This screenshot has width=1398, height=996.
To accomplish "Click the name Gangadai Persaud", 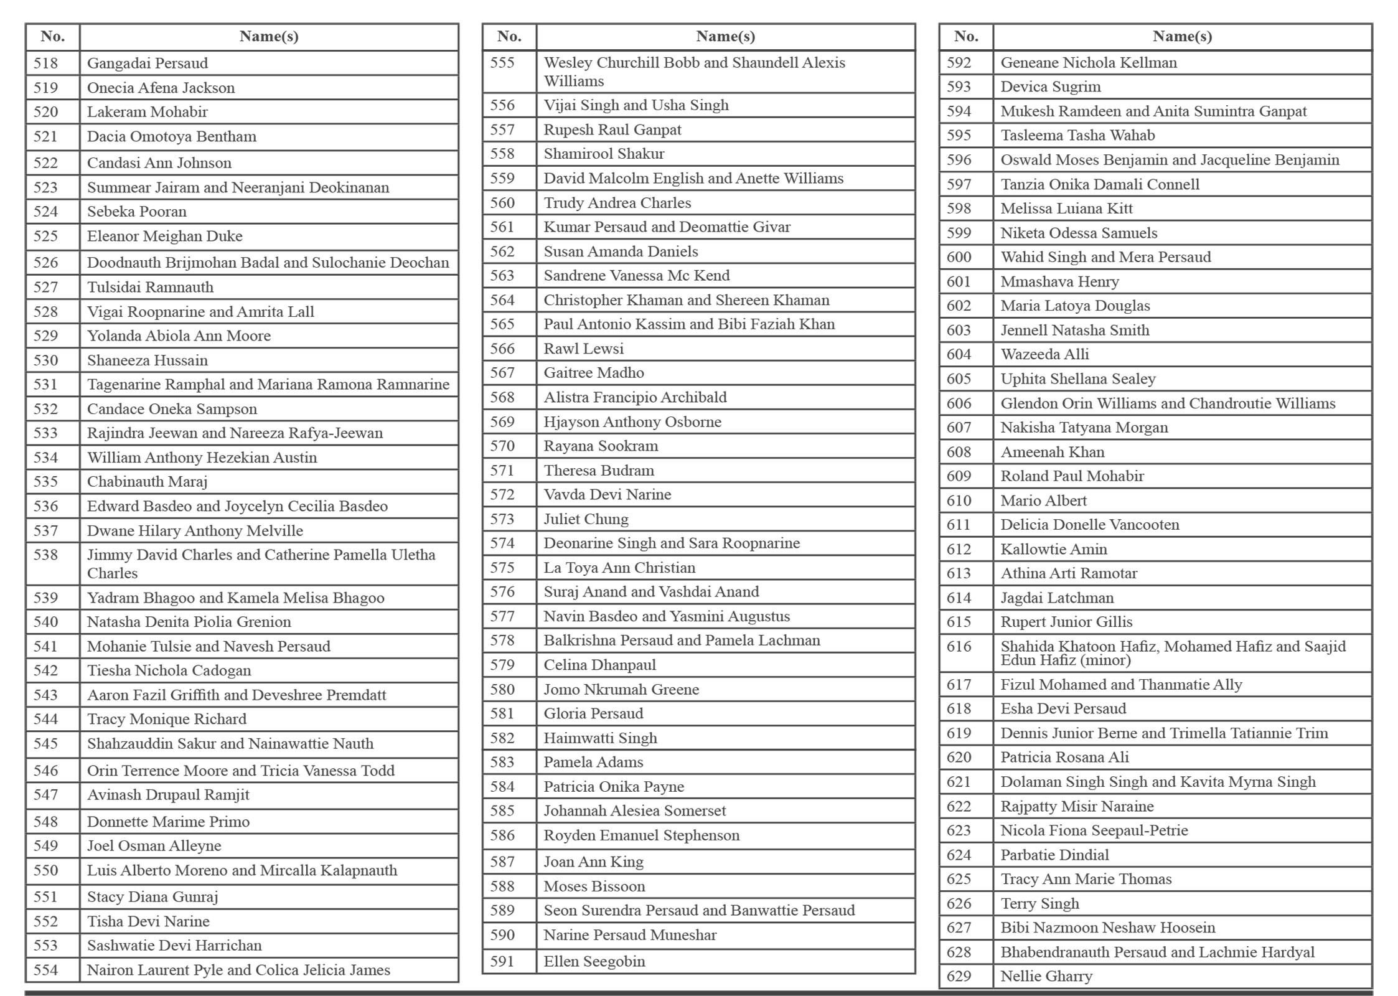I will pyautogui.click(x=148, y=63).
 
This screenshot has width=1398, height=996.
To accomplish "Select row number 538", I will pyautogui.click(x=45, y=555).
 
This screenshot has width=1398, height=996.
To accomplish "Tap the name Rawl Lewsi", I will pyautogui.click(x=583, y=349).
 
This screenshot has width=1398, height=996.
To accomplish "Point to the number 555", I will pyautogui.click(x=502, y=63).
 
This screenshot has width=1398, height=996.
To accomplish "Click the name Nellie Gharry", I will pyautogui.click(x=1046, y=976).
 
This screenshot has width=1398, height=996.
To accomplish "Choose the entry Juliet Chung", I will pyautogui.click(x=586, y=519).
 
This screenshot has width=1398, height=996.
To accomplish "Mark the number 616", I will pyautogui.click(x=959, y=647).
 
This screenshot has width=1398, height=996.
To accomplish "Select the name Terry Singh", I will pyautogui.click(x=1039, y=903).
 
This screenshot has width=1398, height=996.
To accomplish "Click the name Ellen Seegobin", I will pyautogui.click(x=594, y=962).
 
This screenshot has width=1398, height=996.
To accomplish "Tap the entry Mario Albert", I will pyautogui.click(x=1043, y=500).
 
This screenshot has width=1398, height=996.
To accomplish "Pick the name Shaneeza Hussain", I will pyautogui.click(x=148, y=360).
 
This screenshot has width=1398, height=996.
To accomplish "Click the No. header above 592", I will pyautogui.click(x=965, y=37).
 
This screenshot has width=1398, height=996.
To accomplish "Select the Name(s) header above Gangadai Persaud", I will pyautogui.click(x=269, y=37).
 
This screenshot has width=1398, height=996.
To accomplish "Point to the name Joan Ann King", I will pyautogui.click(x=593, y=862).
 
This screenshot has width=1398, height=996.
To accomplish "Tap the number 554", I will pyautogui.click(x=45, y=970).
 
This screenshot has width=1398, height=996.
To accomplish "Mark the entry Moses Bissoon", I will pyautogui.click(x=594, y=886).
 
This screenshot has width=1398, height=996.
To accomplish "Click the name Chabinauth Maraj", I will pyautogui.click(x=147, y=482).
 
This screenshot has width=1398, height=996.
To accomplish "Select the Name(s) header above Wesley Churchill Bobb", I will pyautogui.click(x=725, y=37).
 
